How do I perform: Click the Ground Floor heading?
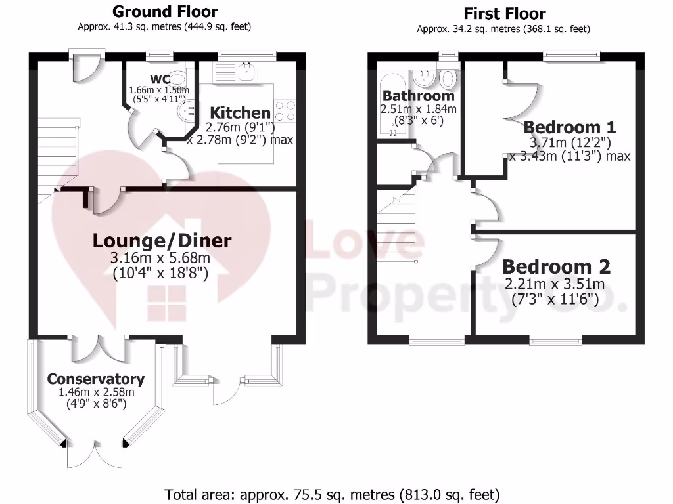[164, 11]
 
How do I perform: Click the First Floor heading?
[504, 13]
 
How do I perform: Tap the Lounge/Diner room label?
[162, 241]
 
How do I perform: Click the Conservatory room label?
[95, 379]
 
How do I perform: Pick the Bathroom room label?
[419, 96]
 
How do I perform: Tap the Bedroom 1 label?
[570, 127]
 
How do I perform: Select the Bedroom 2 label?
[556, 267]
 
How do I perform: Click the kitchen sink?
[246, 72]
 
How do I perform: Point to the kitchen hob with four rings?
[285, 110]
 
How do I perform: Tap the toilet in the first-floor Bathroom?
[448, 79]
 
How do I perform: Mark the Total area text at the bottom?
[332, 493]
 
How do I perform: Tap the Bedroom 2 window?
[556, 340]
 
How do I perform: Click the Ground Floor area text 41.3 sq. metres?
[164, 27]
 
